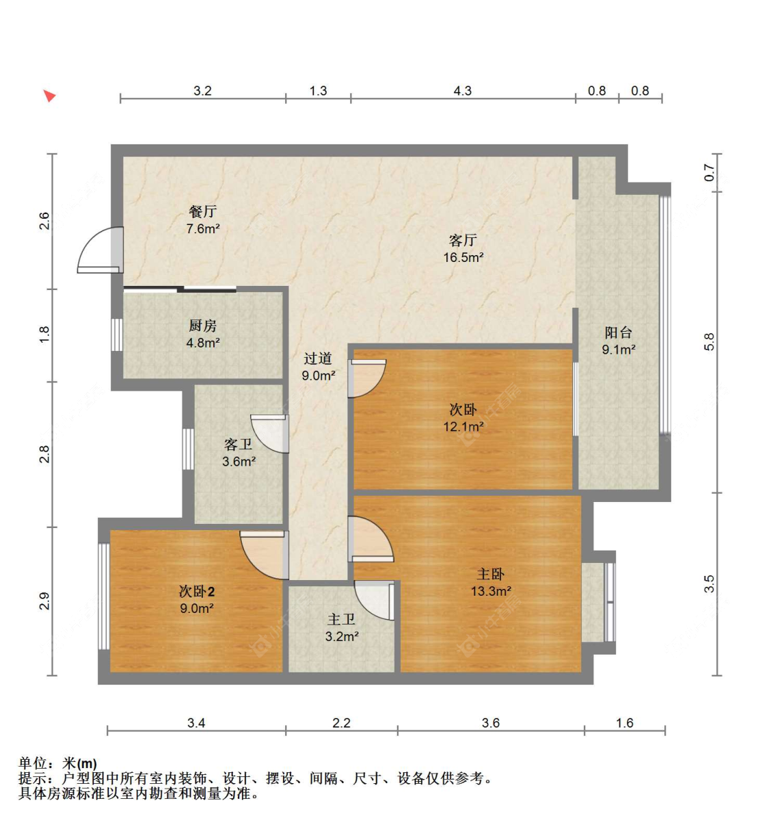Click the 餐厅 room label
pyautogui.click(x=202, y=211)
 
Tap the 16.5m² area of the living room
pyautogui.click(x=463, y=257)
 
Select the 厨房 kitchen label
pyautogui.click(x=202, y=326)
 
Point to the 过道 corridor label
pyautogui.click(x=318, y=358)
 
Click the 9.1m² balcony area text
pyautogui.click(x=619, y=350)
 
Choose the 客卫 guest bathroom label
pyautogui.click(x=239, y=444)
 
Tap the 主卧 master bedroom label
pyautogui.click(x=491, y=574)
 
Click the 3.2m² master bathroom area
pyautogui.click(x=342, y=636)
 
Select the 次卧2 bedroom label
pyautogui.click(x=197, y=591)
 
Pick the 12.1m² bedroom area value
pyautogui.click(x=463, y=427)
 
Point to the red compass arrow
pyautogui.click(x=50, y=96)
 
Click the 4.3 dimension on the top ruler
pyautogui.click(x=462, y=90)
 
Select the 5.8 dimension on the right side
pyautogui.click(x=710, y=341)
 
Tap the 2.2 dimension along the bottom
pyautogui.click(x=341, y=722)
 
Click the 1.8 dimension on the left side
pyautogui.click(x=44, y=334)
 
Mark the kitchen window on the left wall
pyautogui.click(x=117, y=334)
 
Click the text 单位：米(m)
pyautogui.click(x=57, y=763)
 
